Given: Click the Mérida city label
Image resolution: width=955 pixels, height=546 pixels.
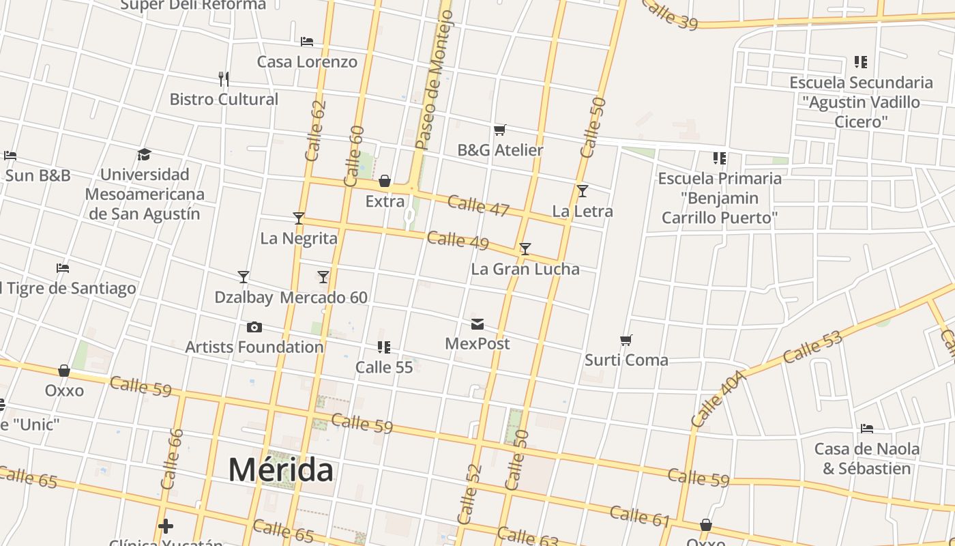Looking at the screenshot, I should point(280,470).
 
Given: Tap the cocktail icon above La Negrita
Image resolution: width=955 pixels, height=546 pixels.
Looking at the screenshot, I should point(299,218).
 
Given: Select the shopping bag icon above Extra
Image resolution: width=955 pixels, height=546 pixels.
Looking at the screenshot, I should point(385,181).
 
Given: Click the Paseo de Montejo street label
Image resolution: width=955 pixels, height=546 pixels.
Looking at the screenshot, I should point(435,81).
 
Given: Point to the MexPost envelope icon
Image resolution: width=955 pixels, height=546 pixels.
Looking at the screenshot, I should point(477,324).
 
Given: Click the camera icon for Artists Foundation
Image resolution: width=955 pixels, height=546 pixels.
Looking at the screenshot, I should point(254,328).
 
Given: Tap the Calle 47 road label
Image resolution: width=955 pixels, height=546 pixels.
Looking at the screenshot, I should point(479,205).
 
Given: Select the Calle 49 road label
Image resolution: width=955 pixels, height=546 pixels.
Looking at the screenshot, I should point(458,240).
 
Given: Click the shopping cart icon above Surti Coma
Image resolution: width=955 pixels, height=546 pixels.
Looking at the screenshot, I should point(626,340).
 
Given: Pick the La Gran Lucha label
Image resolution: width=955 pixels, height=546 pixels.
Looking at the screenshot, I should point(525,269).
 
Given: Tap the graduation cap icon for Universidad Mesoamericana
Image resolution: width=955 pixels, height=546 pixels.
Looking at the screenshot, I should point(144,155).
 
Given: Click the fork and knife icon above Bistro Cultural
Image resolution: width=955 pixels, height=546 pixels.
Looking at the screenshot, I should point(224,79).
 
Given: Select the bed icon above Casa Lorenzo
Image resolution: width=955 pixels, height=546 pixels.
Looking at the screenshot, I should point(307,42).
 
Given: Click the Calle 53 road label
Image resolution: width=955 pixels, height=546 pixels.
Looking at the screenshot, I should point(812,347).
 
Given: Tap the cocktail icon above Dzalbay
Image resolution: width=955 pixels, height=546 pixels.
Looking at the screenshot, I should point(244,277).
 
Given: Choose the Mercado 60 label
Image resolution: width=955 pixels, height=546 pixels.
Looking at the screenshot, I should point(323,298).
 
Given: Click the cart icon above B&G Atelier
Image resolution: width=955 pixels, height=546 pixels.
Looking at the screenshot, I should point(500,130).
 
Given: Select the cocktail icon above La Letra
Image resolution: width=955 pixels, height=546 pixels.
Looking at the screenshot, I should point(583,191).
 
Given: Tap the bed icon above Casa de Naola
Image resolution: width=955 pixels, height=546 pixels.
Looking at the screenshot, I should point(867,429).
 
